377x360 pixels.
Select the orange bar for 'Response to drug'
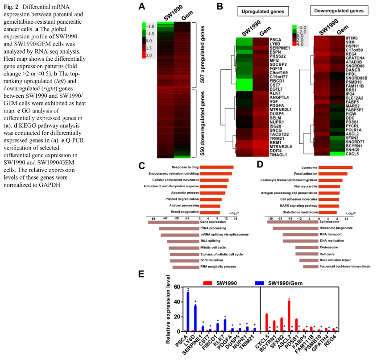tap(216, 167)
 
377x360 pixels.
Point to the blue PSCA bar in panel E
tap(188, 311)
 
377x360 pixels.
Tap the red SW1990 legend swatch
tap(207, 283)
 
